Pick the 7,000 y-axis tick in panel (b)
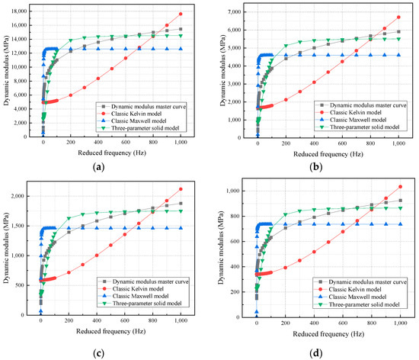tap(239, 11)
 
